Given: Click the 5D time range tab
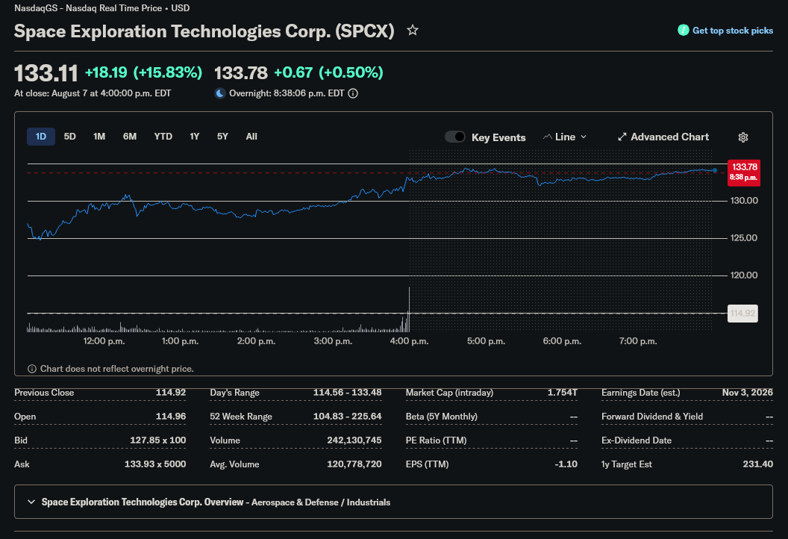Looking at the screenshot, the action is [x=70, y=137].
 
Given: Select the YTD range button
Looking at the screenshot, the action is [x=163, y=137].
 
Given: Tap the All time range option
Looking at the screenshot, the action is [x=251, y=137].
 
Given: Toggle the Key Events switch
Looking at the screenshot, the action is [x=455, y=137].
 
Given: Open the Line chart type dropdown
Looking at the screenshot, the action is [x=565, y=137].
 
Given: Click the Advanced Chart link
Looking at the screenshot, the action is [x=663, y=137].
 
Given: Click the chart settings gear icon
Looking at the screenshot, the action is [x=742, y=137].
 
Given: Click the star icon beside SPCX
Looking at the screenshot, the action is [x=413, y=30].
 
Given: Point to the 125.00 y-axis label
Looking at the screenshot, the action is [x=744, y=238].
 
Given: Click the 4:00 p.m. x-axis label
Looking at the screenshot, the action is [x=409, y=341].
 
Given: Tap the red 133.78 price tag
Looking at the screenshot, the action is [x=744, y=172].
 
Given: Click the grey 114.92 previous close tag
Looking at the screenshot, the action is [x=742, y=314].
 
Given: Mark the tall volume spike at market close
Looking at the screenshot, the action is [x=409, y=309].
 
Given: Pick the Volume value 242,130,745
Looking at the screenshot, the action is [x=354, y=440].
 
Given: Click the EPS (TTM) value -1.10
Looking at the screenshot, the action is [x=566, y=464].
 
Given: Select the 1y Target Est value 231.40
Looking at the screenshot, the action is [x=758, y=464].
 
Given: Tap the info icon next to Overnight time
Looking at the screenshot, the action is [x=353, y=93].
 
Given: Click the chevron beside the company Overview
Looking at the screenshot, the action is [x=31, y=502].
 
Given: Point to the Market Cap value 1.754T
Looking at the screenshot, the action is [x=563, y=392].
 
